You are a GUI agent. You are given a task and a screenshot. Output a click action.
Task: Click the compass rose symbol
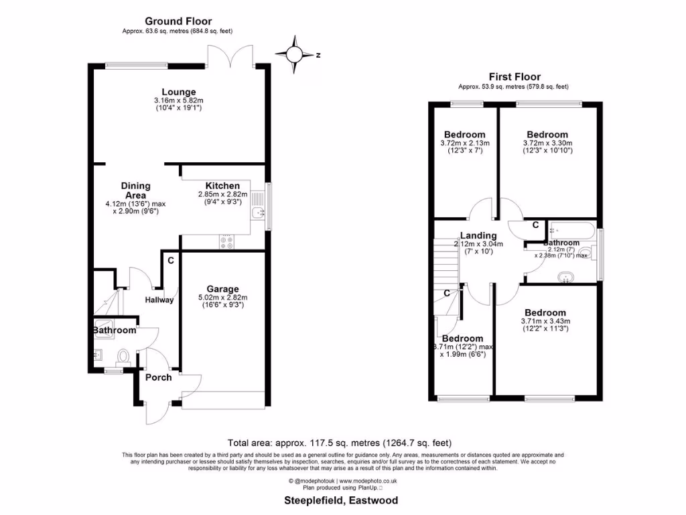295,55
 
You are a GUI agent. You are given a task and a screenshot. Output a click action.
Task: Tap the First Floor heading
514,76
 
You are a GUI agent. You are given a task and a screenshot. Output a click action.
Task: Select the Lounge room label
178,92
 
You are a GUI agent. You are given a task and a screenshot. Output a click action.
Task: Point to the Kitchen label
222,186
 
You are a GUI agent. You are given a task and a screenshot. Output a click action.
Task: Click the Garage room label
222,289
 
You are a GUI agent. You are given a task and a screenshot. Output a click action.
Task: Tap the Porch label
159,378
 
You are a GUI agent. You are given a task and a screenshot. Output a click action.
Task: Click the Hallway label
160,300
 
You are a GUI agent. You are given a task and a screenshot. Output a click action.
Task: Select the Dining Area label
135,190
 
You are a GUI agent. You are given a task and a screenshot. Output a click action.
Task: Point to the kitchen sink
257,214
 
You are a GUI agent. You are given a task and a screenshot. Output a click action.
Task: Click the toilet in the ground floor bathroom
124,355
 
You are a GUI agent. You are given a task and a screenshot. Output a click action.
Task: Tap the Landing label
478,235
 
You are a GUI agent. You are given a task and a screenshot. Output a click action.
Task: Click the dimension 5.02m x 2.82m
222,298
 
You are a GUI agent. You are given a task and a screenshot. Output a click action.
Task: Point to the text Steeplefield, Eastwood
342,500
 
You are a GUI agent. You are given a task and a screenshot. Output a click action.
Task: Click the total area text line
340,443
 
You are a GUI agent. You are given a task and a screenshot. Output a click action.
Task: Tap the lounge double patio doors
230,58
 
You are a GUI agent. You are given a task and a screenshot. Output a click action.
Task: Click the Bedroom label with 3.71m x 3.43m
545,312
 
